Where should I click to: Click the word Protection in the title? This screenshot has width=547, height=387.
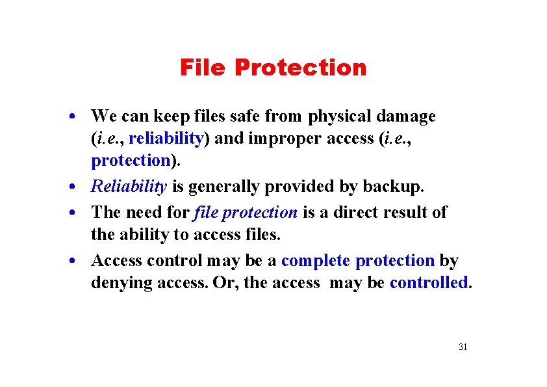click(x=300, y=68)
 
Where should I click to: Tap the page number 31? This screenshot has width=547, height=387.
click(x=463, y=347)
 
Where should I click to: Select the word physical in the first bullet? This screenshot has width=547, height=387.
click(x=340, y=116)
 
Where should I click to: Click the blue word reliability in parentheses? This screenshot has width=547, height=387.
click(x=166, y=139)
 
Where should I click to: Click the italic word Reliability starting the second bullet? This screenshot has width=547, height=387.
click(x=129, y=187)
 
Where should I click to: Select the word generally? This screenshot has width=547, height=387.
click(x=227, y=187)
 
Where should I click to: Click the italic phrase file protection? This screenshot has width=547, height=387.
click(x=246, y=212)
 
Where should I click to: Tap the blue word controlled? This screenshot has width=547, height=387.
click(x=428, y=283)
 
